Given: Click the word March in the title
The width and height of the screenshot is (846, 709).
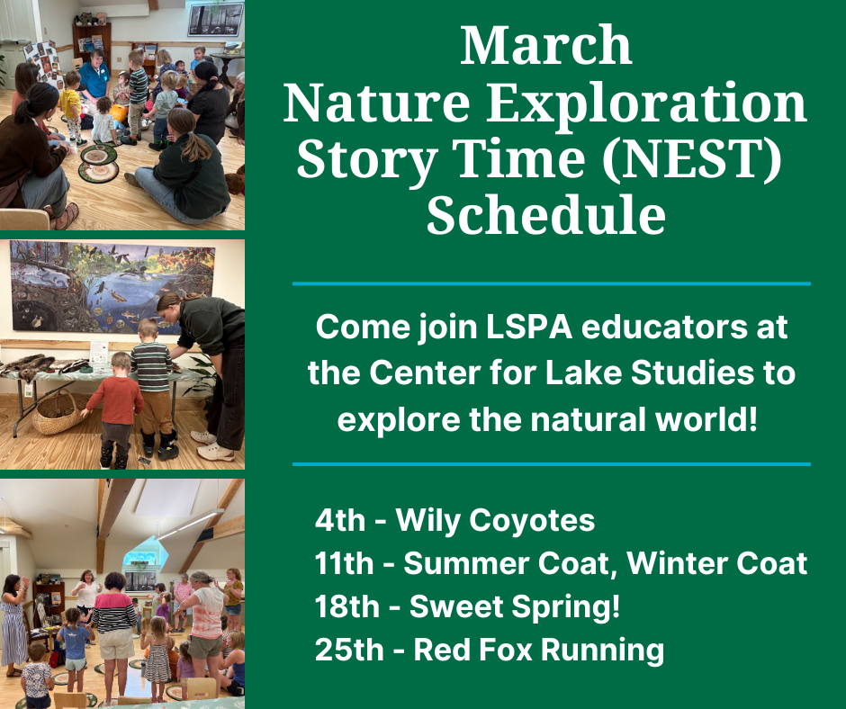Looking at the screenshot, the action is [546, 45].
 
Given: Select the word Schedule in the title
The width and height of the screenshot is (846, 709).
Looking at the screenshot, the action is [546, 215].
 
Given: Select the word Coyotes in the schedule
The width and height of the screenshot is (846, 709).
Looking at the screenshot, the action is [531, 521].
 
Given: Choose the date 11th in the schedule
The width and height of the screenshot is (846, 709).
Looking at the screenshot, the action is [344, 563].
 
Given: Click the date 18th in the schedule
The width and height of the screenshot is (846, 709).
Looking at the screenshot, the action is [346, 606].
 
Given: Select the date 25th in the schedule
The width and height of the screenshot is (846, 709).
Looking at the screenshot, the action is [348, 650].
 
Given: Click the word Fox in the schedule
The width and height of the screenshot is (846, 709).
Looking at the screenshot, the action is [510, 650].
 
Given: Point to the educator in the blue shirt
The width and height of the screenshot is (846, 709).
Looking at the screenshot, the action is [94, 77].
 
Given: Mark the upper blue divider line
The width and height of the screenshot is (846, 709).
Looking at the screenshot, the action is [552, 283].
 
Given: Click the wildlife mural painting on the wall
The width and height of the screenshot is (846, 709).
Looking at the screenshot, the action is [112, 288].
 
